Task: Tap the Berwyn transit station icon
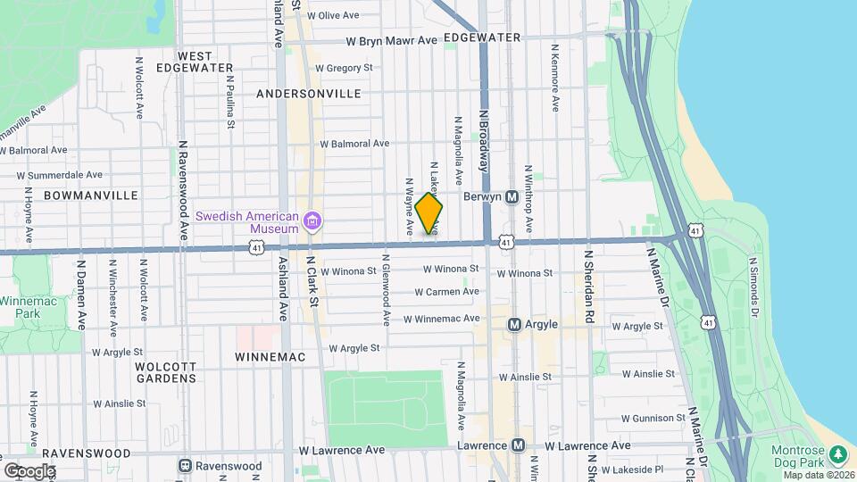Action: (x=512, y=196)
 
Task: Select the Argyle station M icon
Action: (x=514, y=325)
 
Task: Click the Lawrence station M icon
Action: (x=518, y=445)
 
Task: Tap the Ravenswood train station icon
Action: (x=186, y=466)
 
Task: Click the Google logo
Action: (x=29, y=470)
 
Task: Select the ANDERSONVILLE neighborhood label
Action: (x=308, y=94)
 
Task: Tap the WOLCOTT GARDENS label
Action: (x=165, y=372)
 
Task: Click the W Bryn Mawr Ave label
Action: (x=392, y=40)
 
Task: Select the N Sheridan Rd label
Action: (x=589, y=286)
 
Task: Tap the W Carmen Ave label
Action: (x=447, y=292)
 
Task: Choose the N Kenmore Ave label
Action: (x=554, y=78)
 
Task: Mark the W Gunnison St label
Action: (x=652, y=418)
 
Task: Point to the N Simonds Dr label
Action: (x=753, y=286)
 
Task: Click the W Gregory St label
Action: (x=344, y=68)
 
